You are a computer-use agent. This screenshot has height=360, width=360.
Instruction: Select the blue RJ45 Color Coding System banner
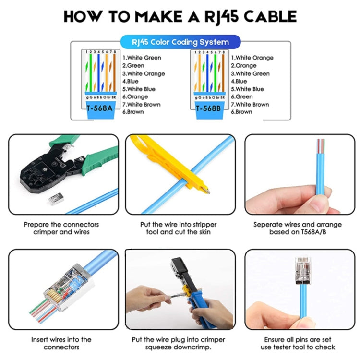[x=180, y=42]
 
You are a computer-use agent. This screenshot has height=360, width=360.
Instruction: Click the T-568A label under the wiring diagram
[x=100, y=108]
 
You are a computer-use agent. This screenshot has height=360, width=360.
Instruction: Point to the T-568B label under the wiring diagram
[x=208, y=108]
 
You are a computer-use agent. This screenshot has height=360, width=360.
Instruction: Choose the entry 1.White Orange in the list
[x=252, y=58]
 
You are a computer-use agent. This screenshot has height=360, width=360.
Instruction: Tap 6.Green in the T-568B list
[x=243, y=96]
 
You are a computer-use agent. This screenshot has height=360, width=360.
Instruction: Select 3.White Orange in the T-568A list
[x=144, y=73]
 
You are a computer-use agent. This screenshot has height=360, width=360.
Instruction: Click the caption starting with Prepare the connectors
[x=61, y=228]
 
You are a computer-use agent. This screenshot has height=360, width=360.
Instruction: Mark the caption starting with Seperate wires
[x=298, y=228]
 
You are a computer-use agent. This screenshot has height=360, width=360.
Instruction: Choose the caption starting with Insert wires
[x=61, y=343]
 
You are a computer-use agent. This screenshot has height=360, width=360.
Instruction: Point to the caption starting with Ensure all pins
[x=298, y=343]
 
